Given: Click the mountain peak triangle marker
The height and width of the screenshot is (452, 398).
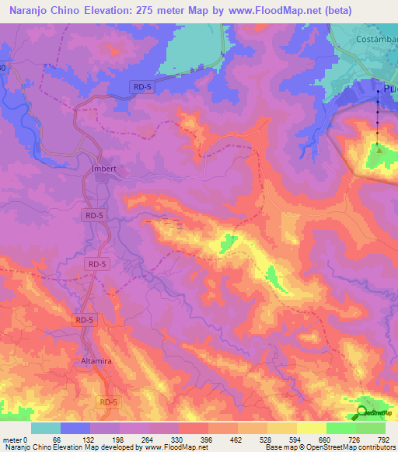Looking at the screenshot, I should point(379,149).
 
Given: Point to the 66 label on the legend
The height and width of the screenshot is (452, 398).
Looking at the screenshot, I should point(55,439).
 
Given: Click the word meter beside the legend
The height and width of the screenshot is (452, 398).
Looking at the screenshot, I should point(12,439).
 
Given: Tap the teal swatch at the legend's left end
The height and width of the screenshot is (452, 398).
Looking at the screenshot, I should point(46,428).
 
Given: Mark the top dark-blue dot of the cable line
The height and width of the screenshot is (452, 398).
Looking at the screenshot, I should point(379,91).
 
